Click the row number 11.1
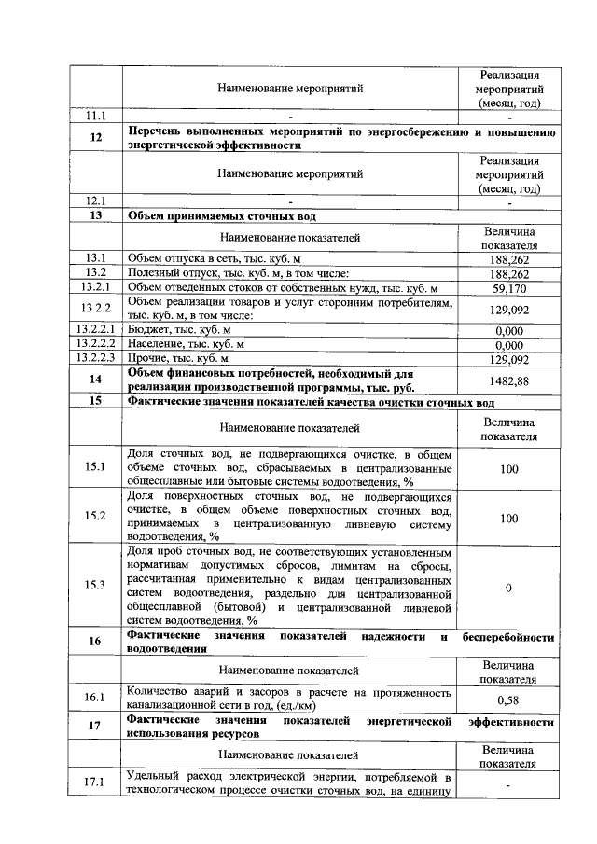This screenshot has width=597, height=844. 95,118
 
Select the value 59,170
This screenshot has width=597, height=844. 508,288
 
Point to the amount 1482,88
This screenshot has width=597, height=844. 508,380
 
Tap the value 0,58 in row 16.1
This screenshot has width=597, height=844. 508,699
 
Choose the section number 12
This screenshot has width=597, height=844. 95,138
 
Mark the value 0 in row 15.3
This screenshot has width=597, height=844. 508,588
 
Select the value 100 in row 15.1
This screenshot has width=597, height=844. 508,468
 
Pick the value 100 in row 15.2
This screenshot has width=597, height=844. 508,518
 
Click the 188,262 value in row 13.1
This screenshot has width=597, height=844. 508,259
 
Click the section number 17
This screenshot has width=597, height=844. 95,727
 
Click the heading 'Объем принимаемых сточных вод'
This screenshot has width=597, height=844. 221,216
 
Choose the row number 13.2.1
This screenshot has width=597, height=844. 95,288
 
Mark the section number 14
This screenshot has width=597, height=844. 95,380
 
